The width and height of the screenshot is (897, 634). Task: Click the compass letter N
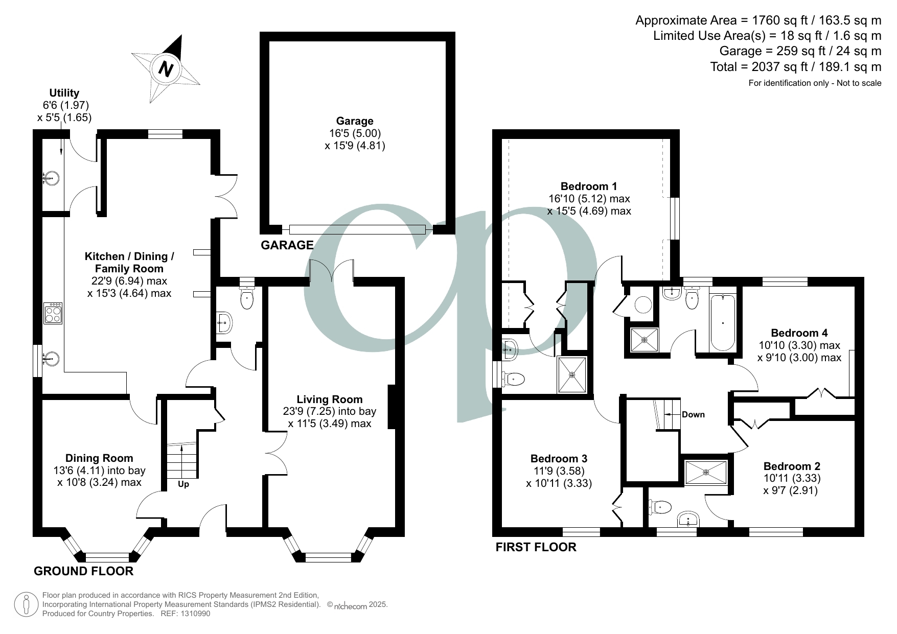(166, 68)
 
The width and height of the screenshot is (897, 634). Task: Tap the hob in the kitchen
(53, 313)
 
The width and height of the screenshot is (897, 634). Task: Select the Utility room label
(64, 93)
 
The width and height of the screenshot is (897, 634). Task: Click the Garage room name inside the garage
(355, 121)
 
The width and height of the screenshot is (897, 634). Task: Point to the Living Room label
(330, 400)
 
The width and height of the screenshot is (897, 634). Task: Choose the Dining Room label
(99, 458)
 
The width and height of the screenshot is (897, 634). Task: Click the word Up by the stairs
(183, 484)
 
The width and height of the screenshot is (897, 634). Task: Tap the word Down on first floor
(693, 414)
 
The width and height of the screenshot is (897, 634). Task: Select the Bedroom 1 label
(589, 186)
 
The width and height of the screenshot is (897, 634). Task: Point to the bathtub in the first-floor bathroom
(723, 322)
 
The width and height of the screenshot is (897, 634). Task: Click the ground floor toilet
(247, 297)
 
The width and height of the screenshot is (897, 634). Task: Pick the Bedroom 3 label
(559, 458)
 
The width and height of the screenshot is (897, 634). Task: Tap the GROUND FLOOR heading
(83, 571)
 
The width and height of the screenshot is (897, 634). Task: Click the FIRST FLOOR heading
(536, 547)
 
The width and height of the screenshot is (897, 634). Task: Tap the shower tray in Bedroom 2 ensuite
(705, 472)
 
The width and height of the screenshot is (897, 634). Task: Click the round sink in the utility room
(51, 178)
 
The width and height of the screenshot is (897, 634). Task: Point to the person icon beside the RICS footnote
(26, 605)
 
